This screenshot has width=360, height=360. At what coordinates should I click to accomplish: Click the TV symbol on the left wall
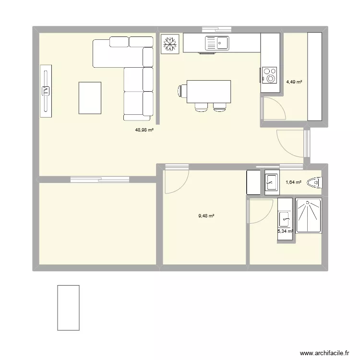pos(46,90)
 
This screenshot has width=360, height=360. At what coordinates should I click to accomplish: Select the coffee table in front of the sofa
pos(90,98)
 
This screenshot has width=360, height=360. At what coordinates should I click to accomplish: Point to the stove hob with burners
pos(270,74)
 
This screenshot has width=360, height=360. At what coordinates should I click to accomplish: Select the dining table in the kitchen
pos(209,91)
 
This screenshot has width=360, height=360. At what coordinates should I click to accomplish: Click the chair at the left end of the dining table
pos(182,91)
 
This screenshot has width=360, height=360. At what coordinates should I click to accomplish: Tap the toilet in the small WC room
pos(316,182)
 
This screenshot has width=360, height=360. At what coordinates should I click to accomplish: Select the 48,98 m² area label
pos(144,130)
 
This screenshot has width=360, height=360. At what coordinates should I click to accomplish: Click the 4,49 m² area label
pos(294,82)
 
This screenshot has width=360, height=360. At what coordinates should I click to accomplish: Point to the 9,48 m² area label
pos(206,216)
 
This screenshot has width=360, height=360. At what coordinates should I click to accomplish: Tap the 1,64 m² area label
pos(293,182)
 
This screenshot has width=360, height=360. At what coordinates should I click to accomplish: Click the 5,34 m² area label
pos(285,231)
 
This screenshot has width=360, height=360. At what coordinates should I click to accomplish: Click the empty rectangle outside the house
pos(68,307)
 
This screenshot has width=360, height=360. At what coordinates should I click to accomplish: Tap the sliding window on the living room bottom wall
pos(100,180)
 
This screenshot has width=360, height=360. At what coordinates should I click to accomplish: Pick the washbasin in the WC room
pos(271,182)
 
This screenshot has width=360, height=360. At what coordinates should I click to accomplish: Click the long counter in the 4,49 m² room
pos(314,76)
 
